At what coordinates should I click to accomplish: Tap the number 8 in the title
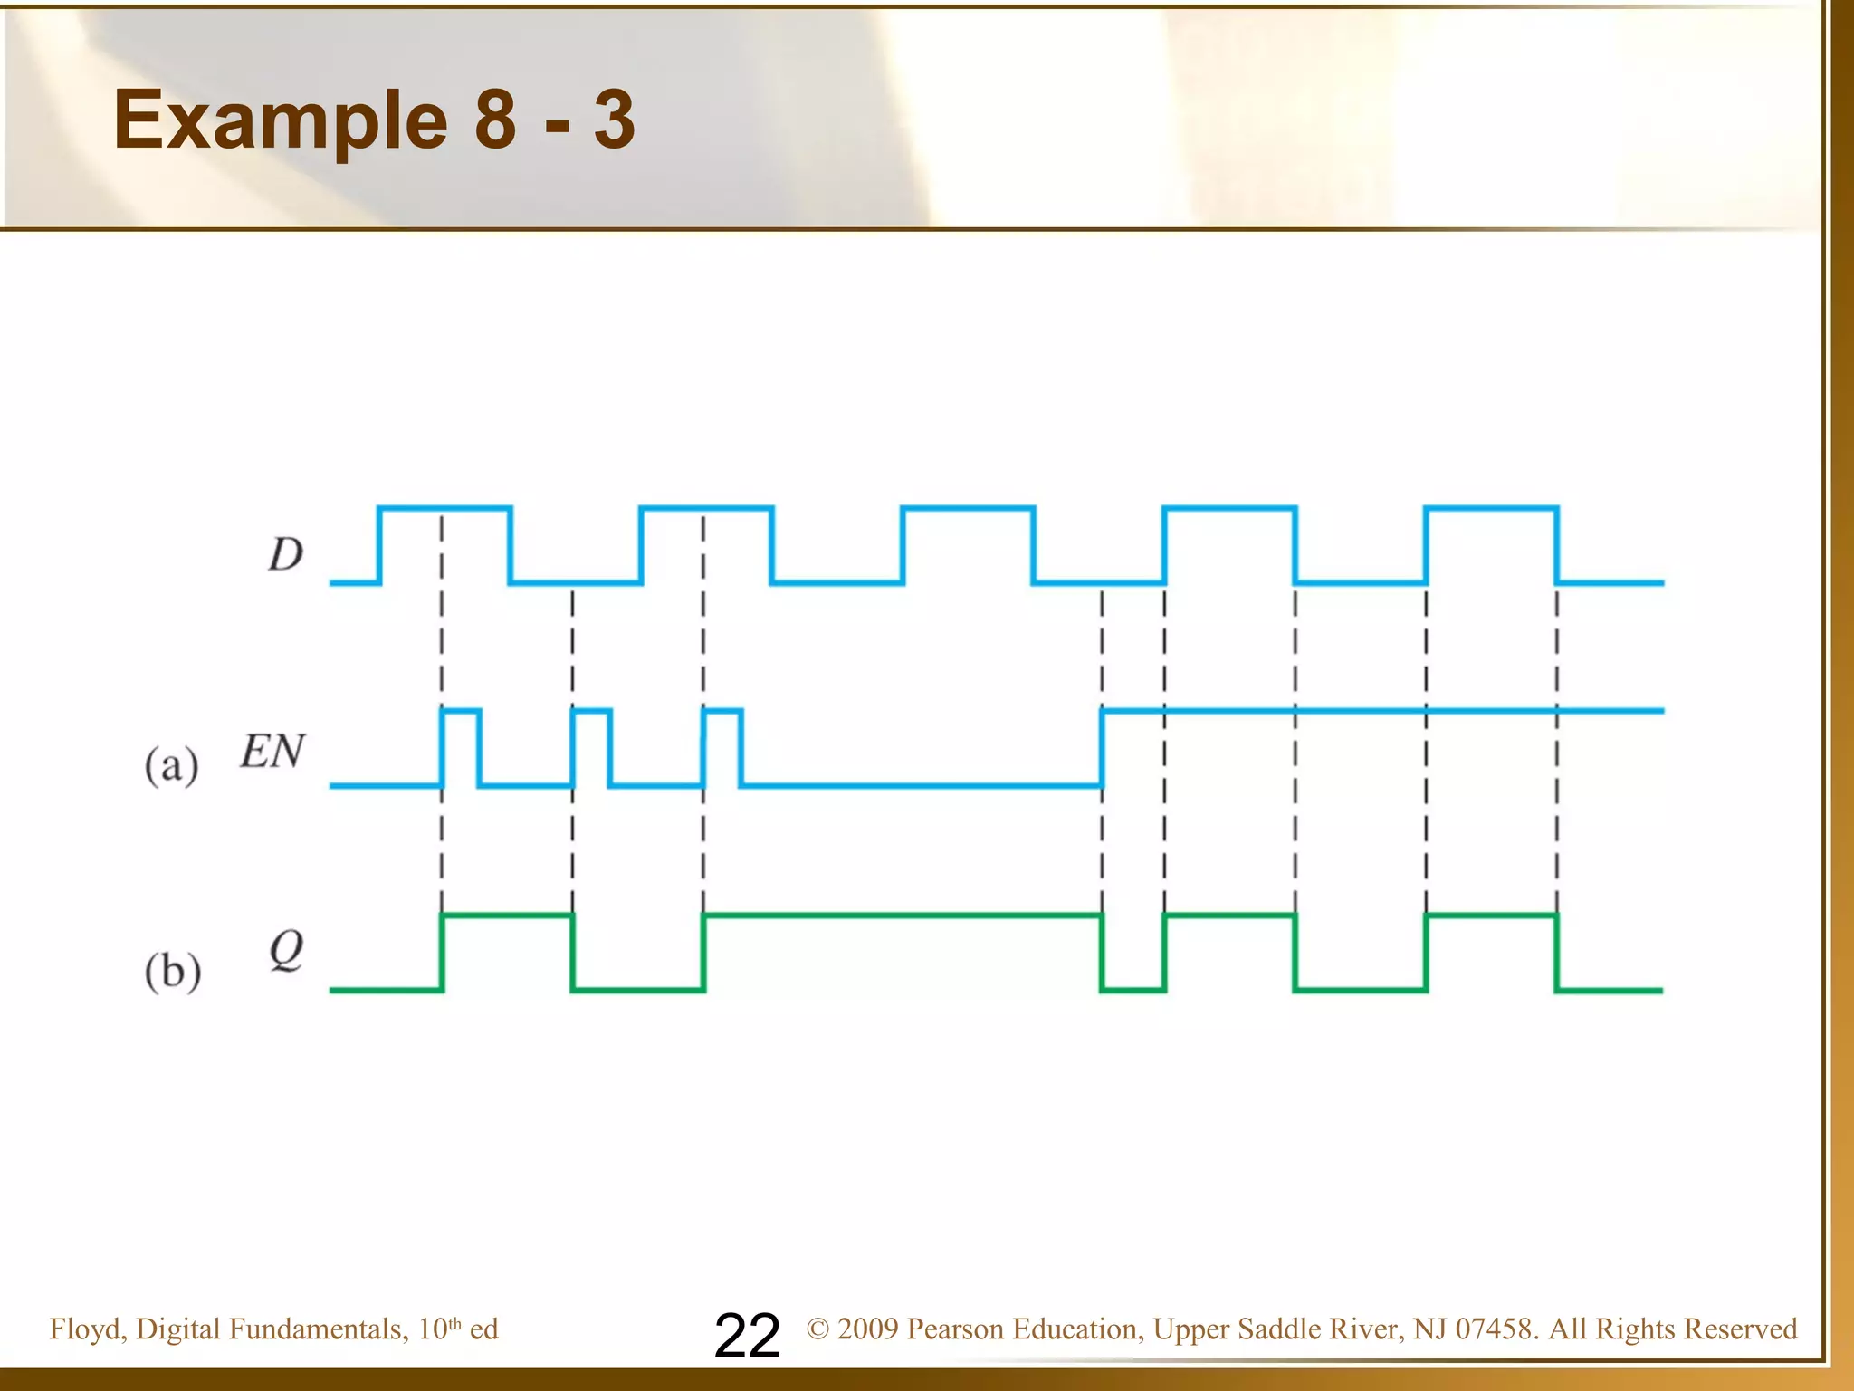point(495,120)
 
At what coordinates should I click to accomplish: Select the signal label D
point(285,554)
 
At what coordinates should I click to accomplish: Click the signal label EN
point(272,752)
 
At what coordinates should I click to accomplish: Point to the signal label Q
point(286,951)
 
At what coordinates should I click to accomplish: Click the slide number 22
point(747,1335)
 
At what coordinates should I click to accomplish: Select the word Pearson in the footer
point(954,1329)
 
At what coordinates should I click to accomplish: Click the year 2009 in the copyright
point(867,1329)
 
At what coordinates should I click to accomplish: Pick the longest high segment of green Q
point(903,916)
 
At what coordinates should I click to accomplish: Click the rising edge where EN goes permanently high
point(1102,748)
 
